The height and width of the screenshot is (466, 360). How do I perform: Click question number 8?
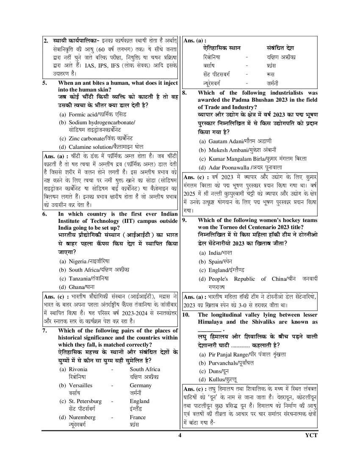185,93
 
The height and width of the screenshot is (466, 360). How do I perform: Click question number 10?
186,315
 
